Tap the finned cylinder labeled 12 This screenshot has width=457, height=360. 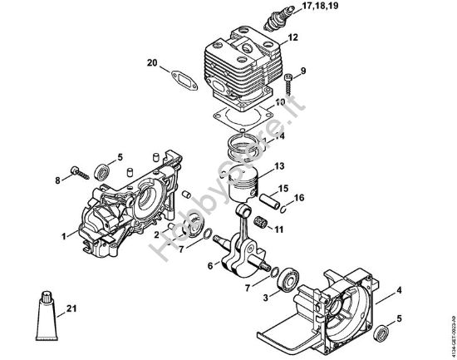(241, 65)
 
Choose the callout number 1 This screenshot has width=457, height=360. (63, 237)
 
